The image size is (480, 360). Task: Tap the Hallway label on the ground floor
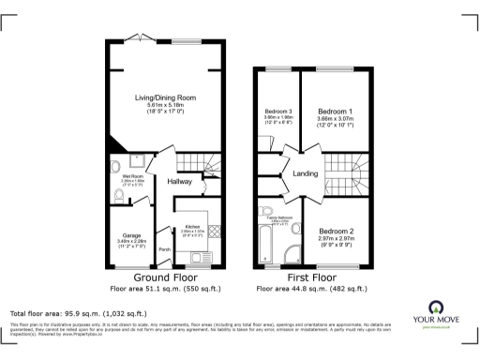(181, 181)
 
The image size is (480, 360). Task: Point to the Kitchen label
(191, 228)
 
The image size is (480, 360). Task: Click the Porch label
(164, 249)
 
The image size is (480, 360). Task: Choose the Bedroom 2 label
(336, 231)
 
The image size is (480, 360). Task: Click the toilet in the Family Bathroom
(268, 210)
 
